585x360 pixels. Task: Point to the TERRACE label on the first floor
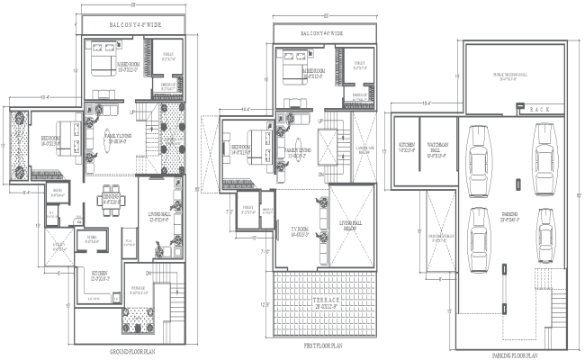click(x=324, y=301)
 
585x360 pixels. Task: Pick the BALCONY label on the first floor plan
click(x=324, y=33)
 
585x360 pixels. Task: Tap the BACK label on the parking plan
click(x=540, y=108)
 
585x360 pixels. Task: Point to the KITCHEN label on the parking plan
click(x=406, y=146)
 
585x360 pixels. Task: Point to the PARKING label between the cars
click(x=510, y=216)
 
